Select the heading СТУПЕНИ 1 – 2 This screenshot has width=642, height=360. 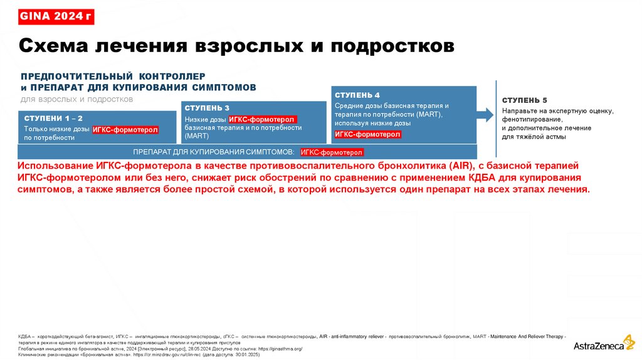[53, 118]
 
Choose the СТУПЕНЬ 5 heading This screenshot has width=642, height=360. [525, 100]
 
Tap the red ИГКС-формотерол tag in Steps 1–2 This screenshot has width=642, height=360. [125, 130]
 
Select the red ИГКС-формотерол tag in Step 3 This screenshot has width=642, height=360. [262, 119]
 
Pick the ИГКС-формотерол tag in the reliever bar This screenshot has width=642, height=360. [332, 152]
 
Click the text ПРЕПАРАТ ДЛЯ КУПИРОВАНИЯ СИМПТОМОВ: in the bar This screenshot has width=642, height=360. [213, 152]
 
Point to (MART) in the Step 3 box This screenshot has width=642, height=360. [197, 135]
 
